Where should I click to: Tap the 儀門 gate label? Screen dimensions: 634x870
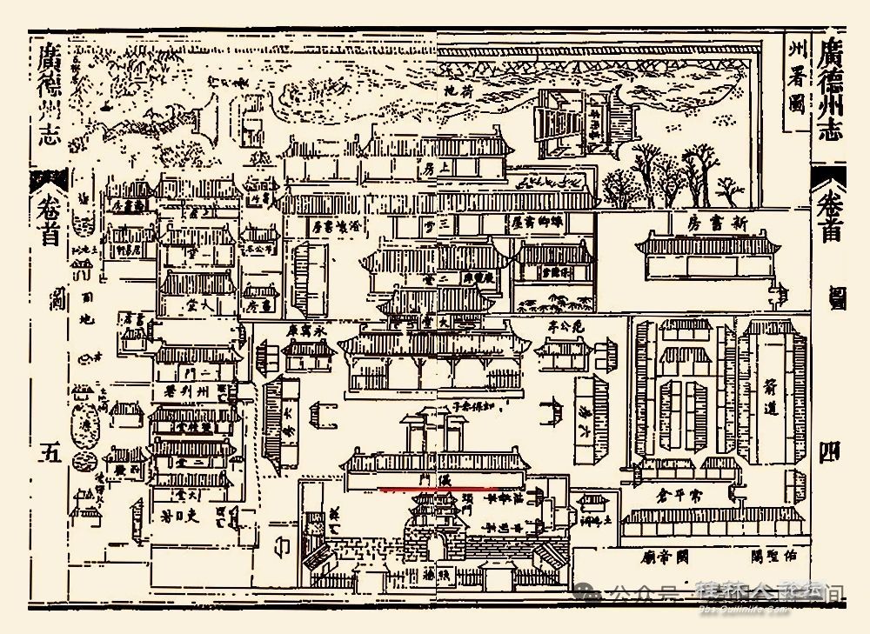point(436,479)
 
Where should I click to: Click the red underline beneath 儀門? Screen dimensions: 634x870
point(436,489)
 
